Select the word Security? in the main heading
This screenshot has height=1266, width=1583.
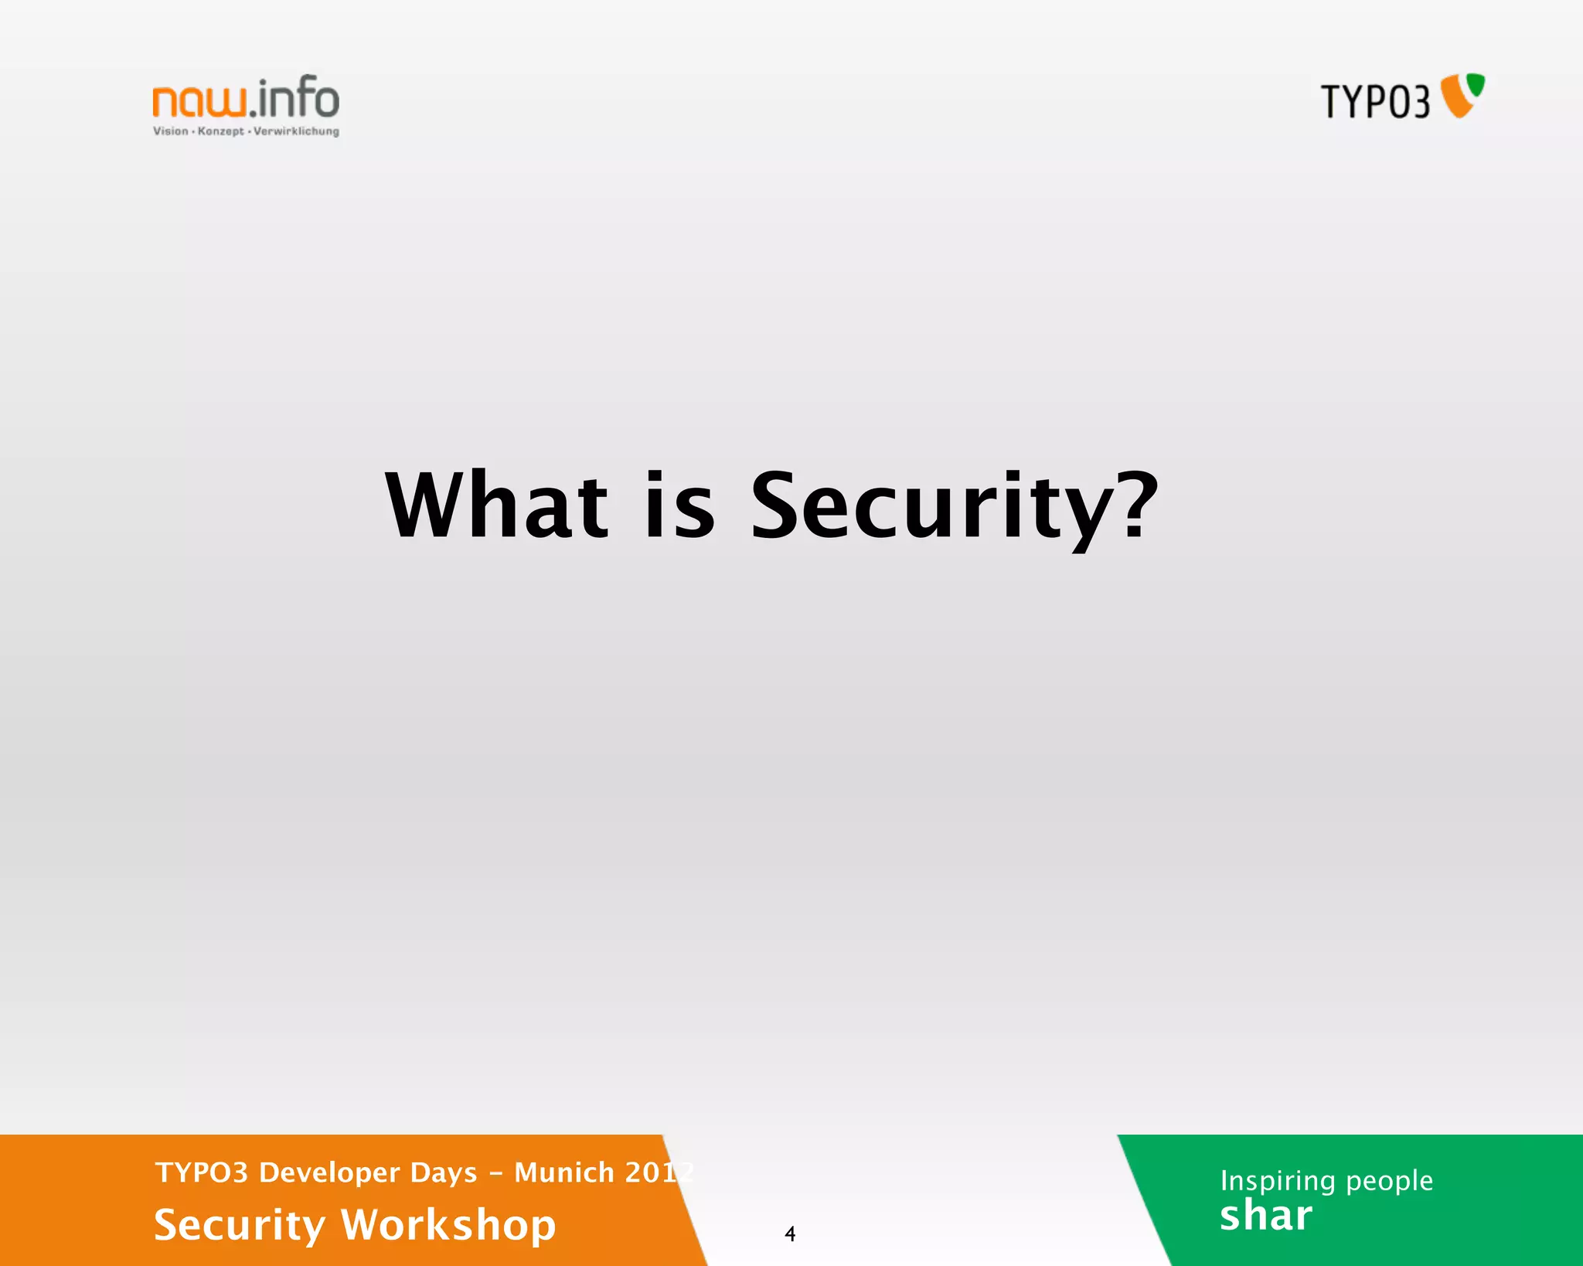pyautogui.click(x=954, y=506)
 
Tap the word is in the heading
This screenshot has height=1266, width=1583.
pyautogui.click(x=679, y=506)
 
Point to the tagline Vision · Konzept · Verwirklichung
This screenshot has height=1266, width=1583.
pyautogui.click(x=246, y=131)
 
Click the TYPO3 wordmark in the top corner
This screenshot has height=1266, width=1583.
pyautogui.click(x=1375, y=101)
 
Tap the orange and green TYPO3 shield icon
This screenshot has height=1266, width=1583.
pyautogui.click(x=1462, y=95)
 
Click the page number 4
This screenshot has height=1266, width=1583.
pyautogui.click(x=790, y=1234)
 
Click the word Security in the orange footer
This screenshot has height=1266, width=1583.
pyautogui.click(x=240, y=1225)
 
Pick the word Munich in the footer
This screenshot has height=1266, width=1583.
pyautogui.click(x=564, y=1172)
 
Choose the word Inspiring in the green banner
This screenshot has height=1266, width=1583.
pyautogui.click(x=1278, y=1181)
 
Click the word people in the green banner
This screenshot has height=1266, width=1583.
pyautogui.click(x=1389, y=1181)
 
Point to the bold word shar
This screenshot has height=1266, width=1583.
pyautogui.click(x=1266, y=1216)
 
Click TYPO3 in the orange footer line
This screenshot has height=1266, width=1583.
pyautogui.click(x=201, y=1172)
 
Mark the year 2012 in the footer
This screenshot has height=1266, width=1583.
pyautogui.click(x=659, y=1172)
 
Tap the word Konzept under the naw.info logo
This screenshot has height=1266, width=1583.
pyautogui.click(x=220, y=131)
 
